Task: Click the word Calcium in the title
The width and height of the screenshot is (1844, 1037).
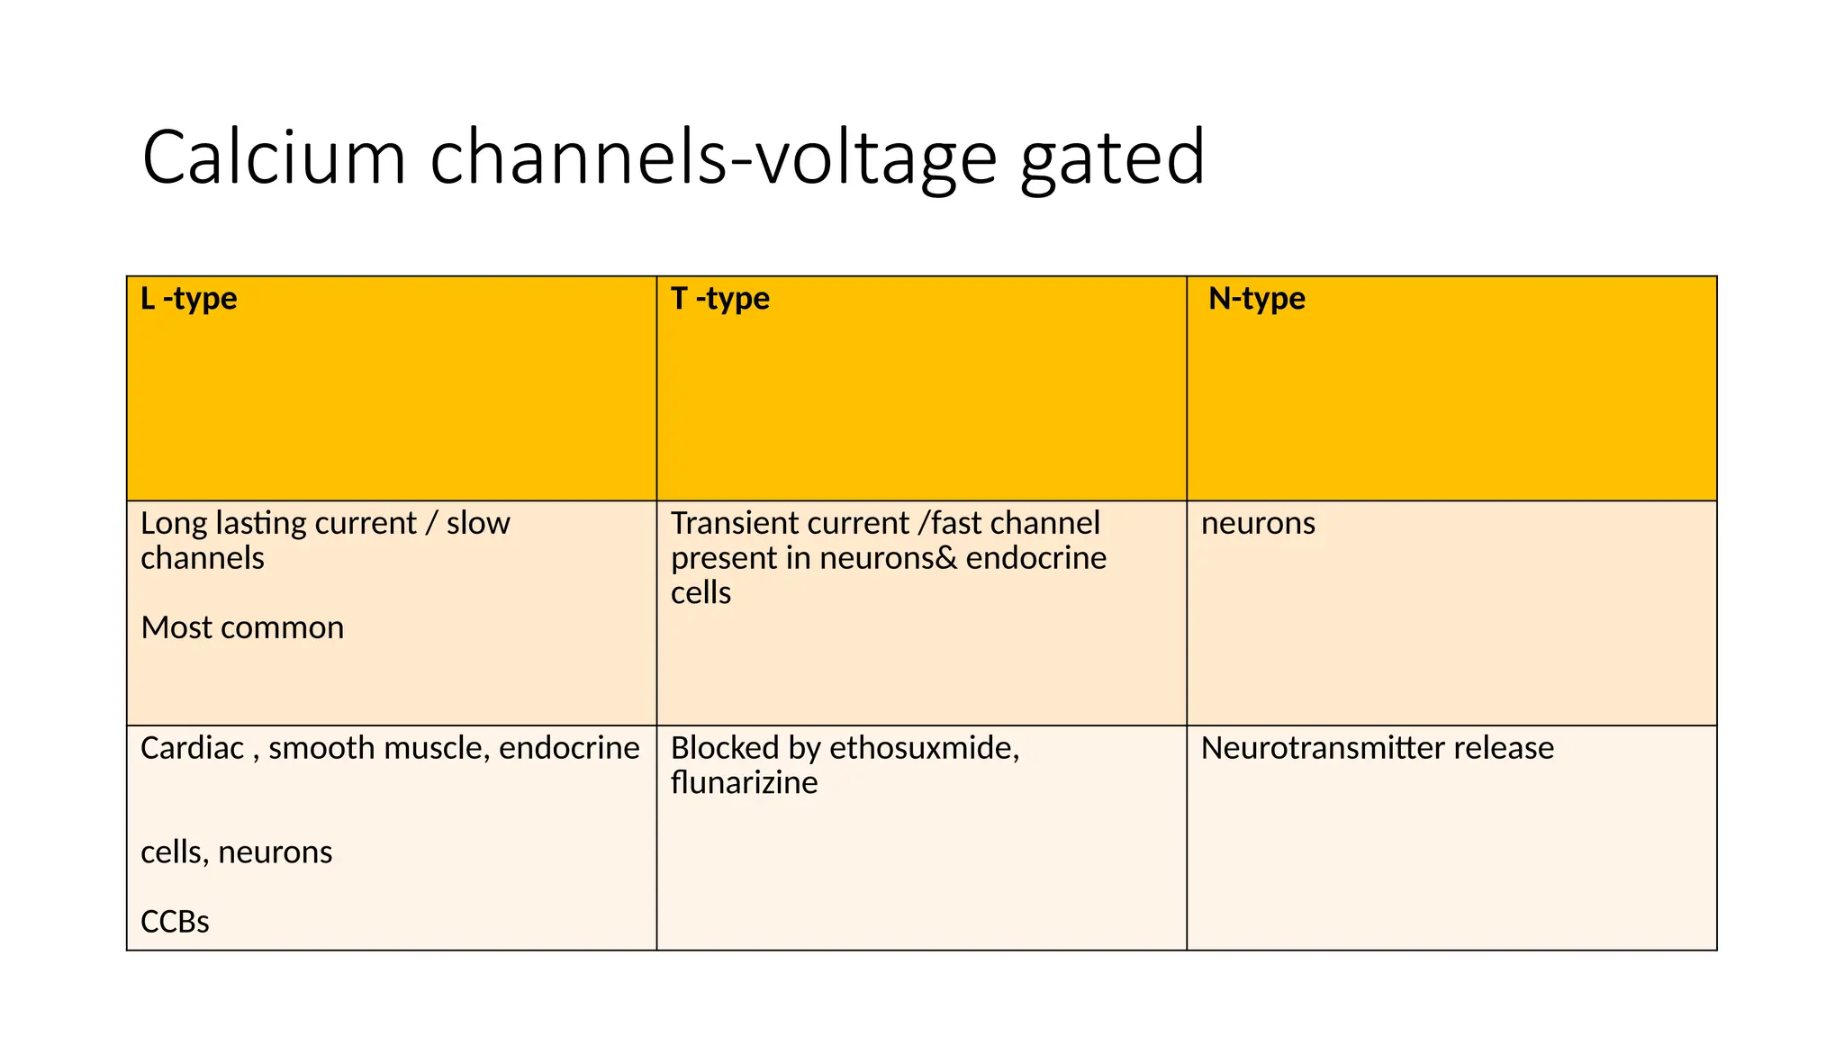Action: (x=274, y=158)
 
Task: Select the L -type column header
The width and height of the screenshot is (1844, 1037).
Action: (x=189, y=299)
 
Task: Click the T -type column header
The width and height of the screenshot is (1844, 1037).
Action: (x=720, y=299)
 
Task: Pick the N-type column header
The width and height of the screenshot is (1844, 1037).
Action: (x=1256, y=299)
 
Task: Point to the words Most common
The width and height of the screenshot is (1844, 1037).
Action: (x=242, y=627)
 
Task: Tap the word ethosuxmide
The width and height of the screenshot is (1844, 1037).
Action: (x=923, y=748)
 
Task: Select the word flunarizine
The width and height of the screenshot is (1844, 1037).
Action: (x=744, y=783)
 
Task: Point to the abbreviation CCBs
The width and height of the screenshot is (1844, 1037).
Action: (x=175, y=922)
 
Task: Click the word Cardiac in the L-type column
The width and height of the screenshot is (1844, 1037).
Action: (x=192, y=748)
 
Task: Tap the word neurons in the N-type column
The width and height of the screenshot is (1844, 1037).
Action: (x=1258, y=523)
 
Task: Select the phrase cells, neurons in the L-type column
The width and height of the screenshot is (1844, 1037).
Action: (x=236, y=852)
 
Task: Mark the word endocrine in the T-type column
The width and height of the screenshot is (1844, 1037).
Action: (x=1035, y=558)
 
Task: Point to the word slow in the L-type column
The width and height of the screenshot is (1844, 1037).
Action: (x=478, y=523)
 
